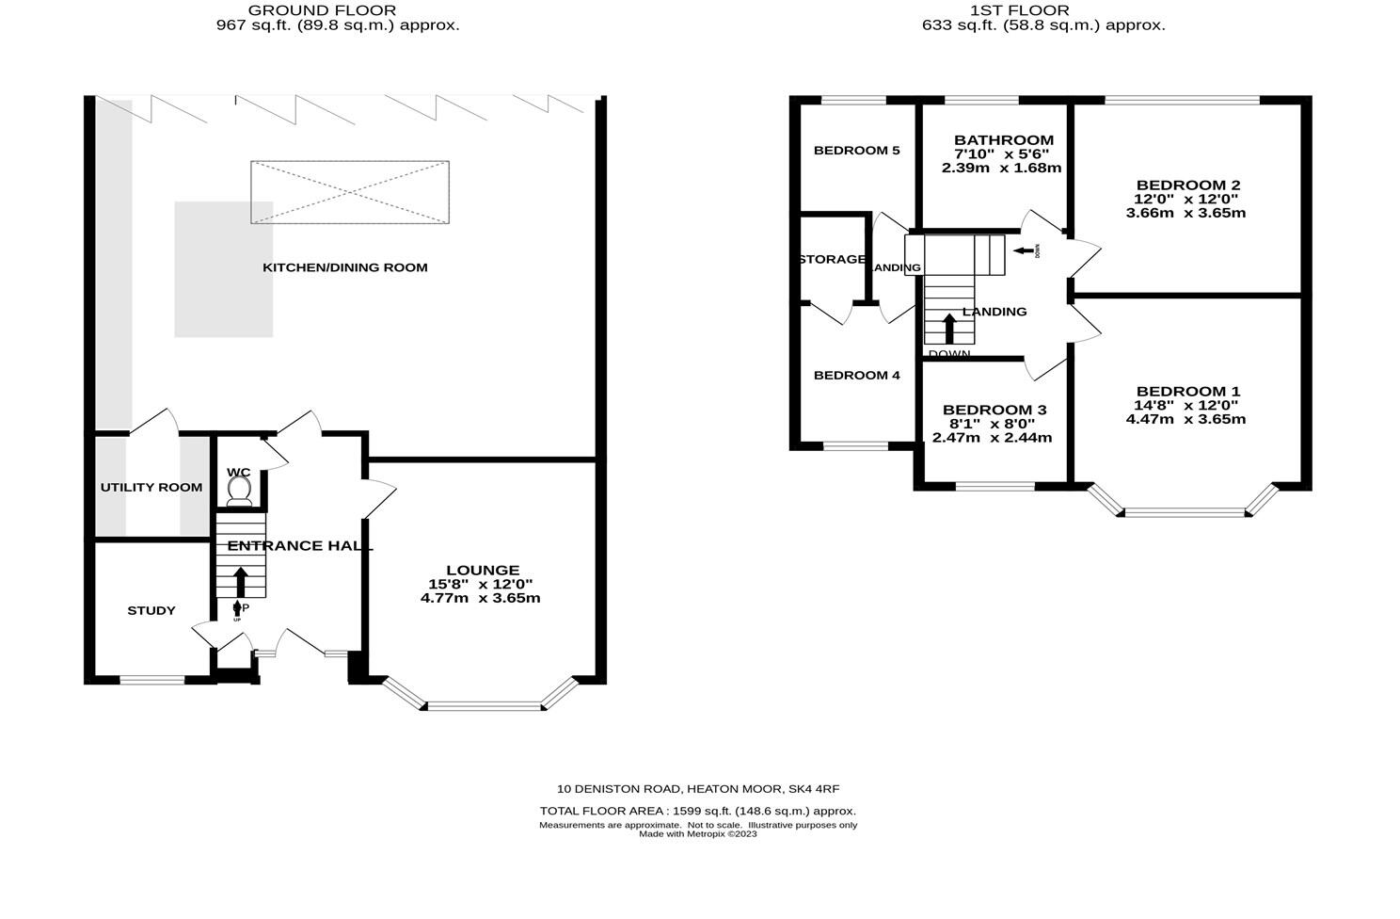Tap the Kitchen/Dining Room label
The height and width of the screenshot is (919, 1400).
pyautogui.click(x=344, y=267)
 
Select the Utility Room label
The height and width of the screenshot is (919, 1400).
pyautogui.click(x=151, y=487)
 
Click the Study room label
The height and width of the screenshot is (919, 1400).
pyautogui.click(x=151, y=610)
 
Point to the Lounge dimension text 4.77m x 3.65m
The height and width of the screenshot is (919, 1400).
pyautogui.click(x=480, y=598)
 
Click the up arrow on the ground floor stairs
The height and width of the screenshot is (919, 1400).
pyautogui.click(x=241, y=580)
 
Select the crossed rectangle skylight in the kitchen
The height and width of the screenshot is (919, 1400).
pyautogui.click(x=349, y=192)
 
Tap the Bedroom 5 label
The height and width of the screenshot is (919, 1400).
pyautogui.click(x=856, y=151)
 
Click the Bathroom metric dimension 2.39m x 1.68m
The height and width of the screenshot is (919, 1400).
pyautogui.click(x=1001, y=169)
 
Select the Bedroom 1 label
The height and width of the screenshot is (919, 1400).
pyautogui.click(x=1187, y=392)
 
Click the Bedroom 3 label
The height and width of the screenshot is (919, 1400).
pyautogui.click(x=994, y=410)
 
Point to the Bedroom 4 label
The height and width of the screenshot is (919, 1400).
pyautogui.click(x=856, y=376)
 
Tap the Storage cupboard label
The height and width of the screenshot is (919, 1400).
pyautogui.click(x=832, y=259)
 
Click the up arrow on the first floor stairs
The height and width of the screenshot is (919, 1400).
pyautogui.click(x=948, y=328)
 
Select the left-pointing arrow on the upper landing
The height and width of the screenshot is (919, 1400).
pyautogui.click(x=1023, y=250)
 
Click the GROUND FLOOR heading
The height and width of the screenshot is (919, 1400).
pyautogui.click(x=322, y=10)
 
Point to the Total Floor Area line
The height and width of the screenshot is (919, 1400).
pyautogui.click(x=697, y=811)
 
